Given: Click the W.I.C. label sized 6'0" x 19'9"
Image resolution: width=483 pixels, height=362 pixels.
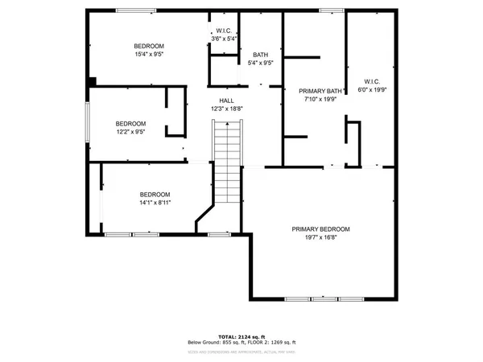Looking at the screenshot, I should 372,81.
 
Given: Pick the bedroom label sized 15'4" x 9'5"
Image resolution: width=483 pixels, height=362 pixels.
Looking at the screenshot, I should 149,46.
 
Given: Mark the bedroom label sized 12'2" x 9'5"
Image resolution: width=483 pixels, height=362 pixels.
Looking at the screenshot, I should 130,123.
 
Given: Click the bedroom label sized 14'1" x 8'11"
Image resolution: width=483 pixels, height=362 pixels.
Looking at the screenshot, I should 155,195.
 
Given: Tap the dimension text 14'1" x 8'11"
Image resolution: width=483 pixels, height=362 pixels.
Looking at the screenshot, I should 155,204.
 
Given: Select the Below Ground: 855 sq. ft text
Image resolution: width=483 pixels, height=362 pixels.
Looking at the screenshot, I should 211,342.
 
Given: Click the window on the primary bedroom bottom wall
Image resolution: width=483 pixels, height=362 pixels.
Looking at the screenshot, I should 312,298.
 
